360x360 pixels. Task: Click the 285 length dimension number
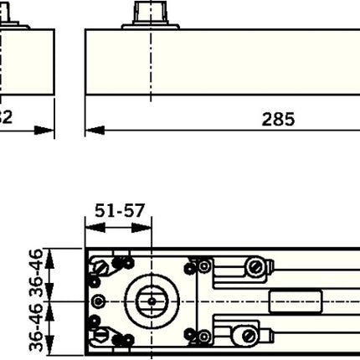point(277,119)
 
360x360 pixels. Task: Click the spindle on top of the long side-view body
point(152,16)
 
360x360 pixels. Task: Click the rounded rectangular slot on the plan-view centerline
point(296,300)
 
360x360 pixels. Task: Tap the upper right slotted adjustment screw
point(255,267)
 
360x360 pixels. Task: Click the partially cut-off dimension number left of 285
point(4,119)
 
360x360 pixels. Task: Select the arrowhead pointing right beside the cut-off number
point(46,130)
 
